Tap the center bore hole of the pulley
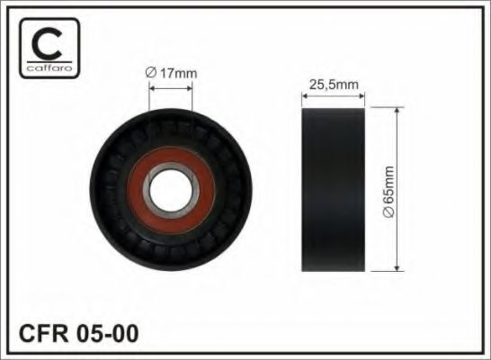click(171, 189)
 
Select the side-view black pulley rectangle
click(333, 189)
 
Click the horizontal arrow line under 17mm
click(171, 88)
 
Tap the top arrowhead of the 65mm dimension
click(397, 111)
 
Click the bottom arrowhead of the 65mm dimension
click(397, 267)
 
